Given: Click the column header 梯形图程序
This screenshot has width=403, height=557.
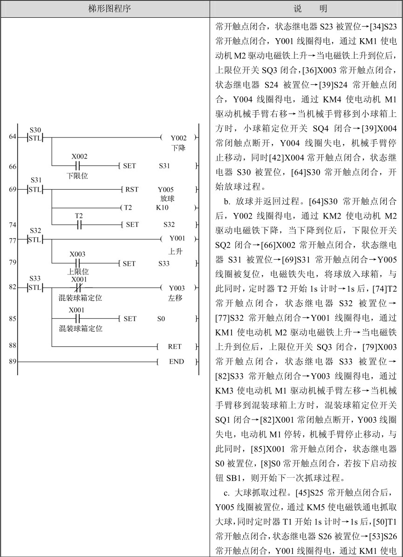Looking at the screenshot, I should pos(105,9).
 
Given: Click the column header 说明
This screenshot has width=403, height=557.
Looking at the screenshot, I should pos(306,9).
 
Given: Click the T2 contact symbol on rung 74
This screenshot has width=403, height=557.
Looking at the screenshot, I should pos(79,224).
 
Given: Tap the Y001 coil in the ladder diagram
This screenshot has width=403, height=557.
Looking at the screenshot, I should pos(178,239).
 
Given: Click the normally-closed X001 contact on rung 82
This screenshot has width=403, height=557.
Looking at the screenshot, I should pos(79,288).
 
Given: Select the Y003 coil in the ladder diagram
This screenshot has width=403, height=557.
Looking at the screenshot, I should pos(178,288).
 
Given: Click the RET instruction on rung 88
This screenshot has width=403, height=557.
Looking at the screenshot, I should pos(176,346).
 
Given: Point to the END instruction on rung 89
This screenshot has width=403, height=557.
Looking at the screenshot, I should pos(176,361).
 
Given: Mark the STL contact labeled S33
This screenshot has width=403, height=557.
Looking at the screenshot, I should pos(35,288).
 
